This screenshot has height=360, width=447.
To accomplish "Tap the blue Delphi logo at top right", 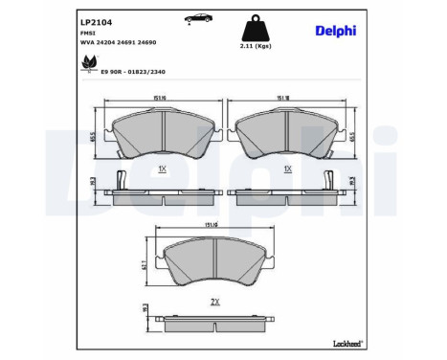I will pos(335,31).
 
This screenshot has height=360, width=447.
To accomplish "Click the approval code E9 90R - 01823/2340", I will pos(128,69).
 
